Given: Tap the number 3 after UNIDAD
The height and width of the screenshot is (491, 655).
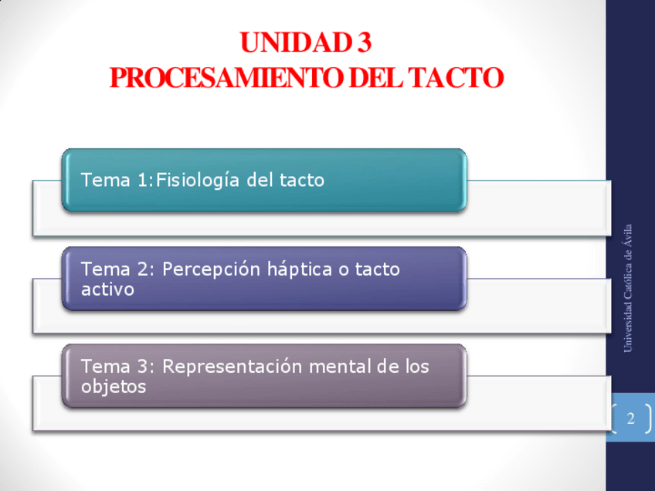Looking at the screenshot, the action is [365, 42].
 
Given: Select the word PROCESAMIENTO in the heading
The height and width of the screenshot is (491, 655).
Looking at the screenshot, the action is [226, 78].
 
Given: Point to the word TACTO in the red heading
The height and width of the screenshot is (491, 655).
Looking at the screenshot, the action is [456, 78].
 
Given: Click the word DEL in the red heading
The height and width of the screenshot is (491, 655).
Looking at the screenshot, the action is [375, 78].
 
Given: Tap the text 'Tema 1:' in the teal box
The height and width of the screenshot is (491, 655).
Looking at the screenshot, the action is [117, 180].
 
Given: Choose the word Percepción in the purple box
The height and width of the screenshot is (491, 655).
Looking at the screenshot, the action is [212, 270].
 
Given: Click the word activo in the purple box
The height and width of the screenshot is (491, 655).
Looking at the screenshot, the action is [107, 290].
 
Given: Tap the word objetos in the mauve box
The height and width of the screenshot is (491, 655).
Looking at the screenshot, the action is [114, 387].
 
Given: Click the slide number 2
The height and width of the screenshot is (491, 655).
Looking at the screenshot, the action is [631, 418].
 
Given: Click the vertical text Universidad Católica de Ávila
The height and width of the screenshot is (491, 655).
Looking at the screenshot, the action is [627, 289].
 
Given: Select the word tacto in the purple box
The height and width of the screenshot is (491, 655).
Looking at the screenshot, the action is [378, 269].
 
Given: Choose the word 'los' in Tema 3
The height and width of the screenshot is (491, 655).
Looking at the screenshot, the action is [418, 366].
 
